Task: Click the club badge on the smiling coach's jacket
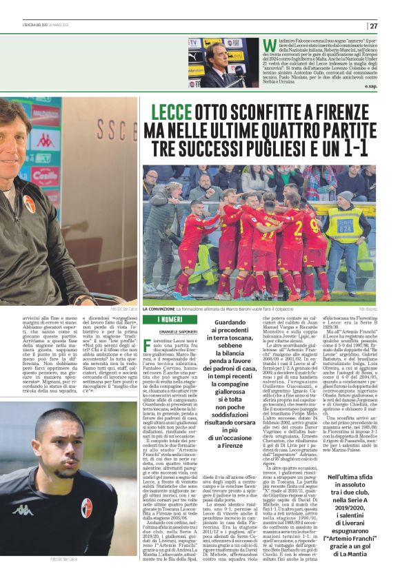pos(29,203)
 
